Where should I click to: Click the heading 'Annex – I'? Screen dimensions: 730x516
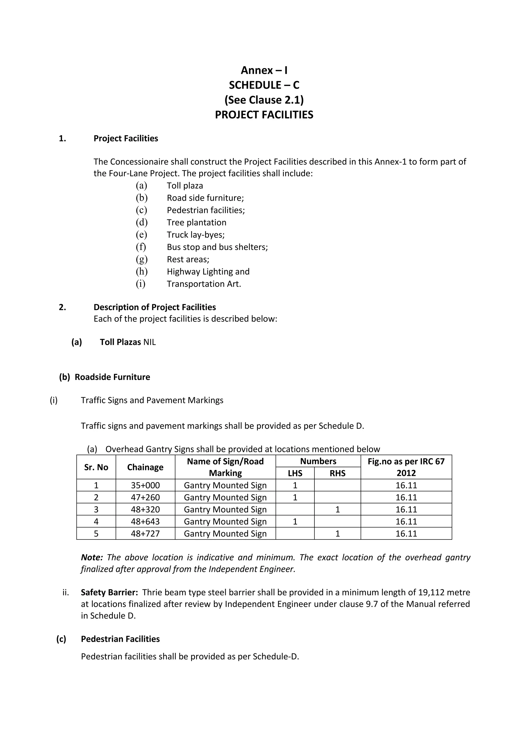click(x=264, y=70)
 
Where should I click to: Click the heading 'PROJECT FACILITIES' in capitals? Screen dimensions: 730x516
click(x=264, y=115)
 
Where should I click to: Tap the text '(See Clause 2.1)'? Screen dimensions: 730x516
click(x=264, y=100)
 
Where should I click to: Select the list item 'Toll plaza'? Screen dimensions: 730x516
click(x=185, y=186)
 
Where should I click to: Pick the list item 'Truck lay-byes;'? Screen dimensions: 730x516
click(x=196, y=235)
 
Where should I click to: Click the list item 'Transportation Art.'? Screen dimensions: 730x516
click(x=204, y=284)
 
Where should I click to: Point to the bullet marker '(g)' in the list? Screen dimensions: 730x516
click(x=142, y=259)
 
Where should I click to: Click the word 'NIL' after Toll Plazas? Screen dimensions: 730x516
click(x=150, y=342)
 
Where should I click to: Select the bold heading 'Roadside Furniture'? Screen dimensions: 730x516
click(x=112, y=377)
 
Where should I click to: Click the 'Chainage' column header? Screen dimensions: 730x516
click(x=145, y=467)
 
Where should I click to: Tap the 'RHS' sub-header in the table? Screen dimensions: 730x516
click(x=337, y=473)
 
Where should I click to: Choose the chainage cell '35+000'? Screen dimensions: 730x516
click(x=145, y=485)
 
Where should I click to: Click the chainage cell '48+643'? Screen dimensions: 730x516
click(x=145, y=522)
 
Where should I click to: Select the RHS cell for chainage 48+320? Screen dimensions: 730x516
click(x=337, y=510)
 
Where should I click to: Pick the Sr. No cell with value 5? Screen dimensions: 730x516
click(x=96, y=534)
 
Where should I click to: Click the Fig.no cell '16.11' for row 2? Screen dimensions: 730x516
click(x=406, y=498)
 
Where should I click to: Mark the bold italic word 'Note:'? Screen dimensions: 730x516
click(x=92, y=557)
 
